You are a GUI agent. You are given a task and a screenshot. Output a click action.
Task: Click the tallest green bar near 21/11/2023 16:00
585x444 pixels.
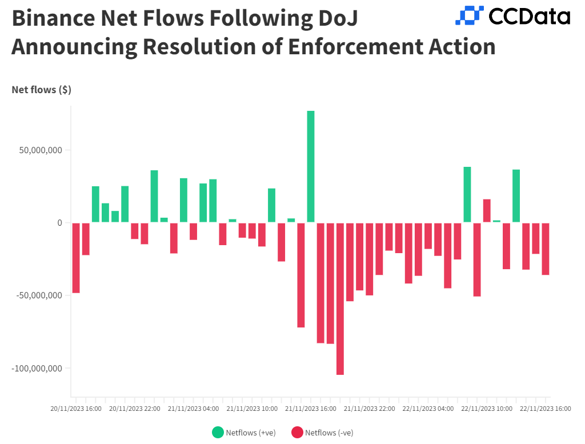311,166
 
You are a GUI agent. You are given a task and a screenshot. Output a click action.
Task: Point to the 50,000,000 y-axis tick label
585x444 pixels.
39,150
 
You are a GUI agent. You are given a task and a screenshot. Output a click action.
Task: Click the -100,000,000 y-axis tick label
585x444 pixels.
37,368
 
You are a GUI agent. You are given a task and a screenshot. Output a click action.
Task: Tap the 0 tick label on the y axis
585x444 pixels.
59,223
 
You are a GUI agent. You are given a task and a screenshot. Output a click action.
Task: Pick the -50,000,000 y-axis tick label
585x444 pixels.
38,295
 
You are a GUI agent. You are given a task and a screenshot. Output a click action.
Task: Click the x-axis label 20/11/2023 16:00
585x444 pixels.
76,409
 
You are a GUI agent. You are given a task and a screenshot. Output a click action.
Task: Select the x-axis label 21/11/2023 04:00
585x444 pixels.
194,409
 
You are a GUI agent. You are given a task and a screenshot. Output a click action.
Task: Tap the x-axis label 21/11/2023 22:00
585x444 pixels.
370,409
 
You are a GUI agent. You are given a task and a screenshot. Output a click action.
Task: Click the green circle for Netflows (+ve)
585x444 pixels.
218,433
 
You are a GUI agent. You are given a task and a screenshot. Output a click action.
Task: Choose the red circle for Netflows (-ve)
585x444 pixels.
297,433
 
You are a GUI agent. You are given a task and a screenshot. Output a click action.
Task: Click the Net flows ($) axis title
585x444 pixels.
41,90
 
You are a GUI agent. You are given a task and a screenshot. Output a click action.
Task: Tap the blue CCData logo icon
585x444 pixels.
469,15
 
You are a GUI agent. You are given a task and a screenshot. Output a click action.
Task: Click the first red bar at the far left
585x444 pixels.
76,258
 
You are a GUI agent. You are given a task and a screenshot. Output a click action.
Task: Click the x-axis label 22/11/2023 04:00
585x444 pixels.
428,409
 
